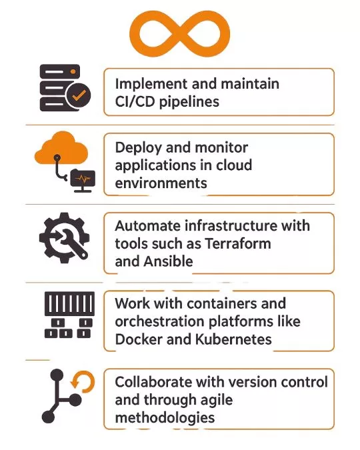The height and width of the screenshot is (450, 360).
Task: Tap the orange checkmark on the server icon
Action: pos(79,95)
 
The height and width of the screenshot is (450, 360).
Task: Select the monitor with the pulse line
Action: pos(83,181)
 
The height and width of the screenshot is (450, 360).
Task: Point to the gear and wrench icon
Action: pos(64,237)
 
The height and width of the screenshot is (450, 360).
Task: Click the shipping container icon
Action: pos(69,315)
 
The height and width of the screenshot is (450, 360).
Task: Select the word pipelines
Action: pos(189,102)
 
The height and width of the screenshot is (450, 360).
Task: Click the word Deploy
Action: pos(139,149)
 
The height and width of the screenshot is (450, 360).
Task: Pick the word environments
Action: pos(161,183)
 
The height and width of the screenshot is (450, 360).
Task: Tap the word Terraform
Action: pos(238,243)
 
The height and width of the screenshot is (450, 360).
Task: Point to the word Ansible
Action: pos(168,261)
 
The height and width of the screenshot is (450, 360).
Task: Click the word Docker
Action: pos(139,339)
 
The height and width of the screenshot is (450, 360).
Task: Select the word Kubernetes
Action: pos(233,339)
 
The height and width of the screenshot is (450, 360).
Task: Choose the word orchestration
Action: pos(160,321)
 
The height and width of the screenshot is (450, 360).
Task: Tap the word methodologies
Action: pos(165,418)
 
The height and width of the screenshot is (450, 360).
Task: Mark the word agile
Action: pos(217,401)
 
